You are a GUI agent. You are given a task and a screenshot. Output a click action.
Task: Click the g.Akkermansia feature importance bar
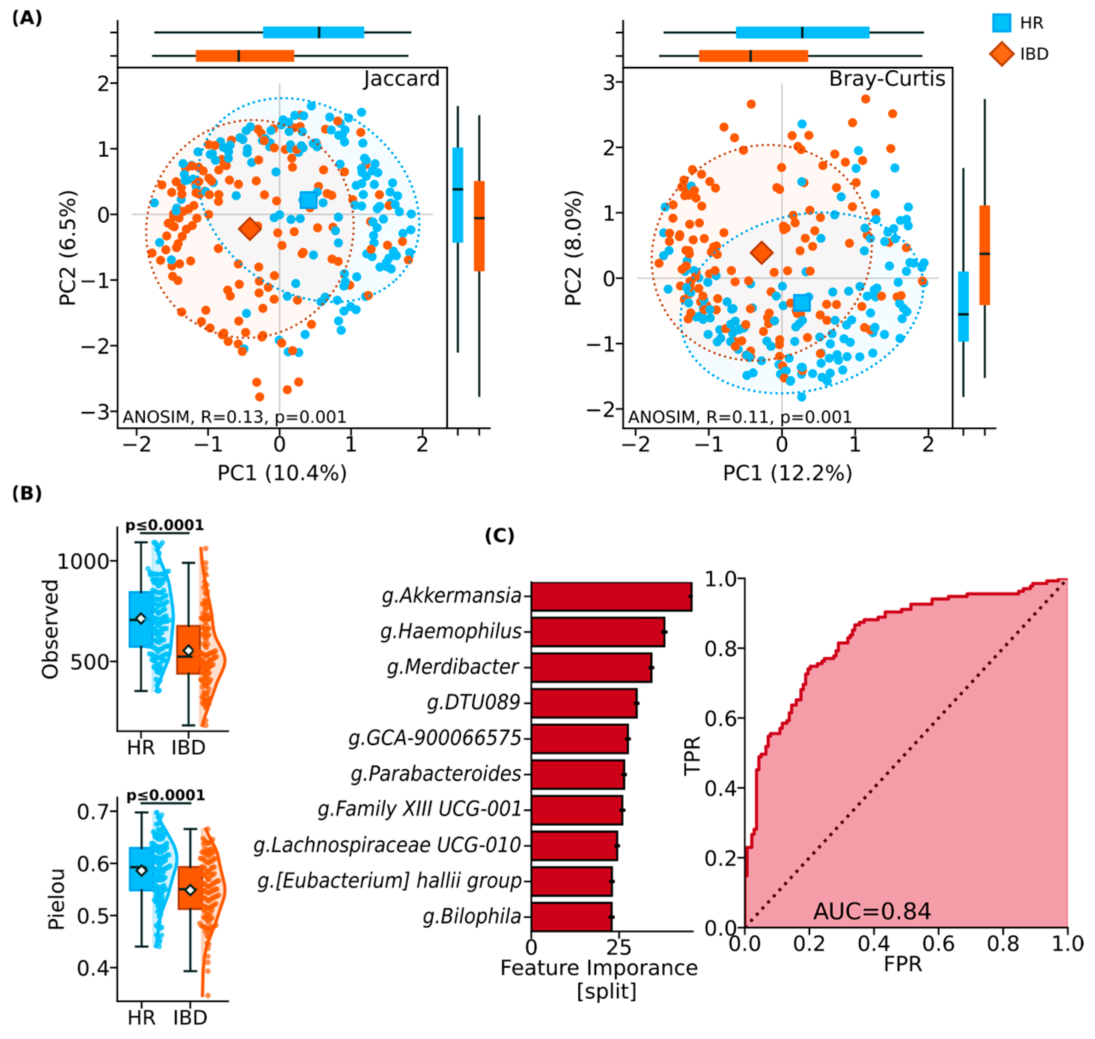(610, 596)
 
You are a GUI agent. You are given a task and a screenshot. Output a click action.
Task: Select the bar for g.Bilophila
(571, 917)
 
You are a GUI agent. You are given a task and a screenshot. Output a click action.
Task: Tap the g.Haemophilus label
(451, 631)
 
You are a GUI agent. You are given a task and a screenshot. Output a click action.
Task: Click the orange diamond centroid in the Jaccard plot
(250, 228)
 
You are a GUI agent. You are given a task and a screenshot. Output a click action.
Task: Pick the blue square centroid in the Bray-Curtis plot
(801, 303)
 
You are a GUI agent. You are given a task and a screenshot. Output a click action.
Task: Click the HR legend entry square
(1000, 23)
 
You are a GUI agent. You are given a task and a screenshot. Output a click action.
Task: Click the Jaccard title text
(402, 79)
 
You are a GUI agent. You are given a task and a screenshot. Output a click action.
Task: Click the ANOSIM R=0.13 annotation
(234, 417)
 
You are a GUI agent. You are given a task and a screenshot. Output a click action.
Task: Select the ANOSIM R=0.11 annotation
(739, 417)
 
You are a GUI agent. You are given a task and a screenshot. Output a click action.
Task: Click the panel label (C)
(499, 536)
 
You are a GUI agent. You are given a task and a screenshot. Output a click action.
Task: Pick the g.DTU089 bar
(583, 703)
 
